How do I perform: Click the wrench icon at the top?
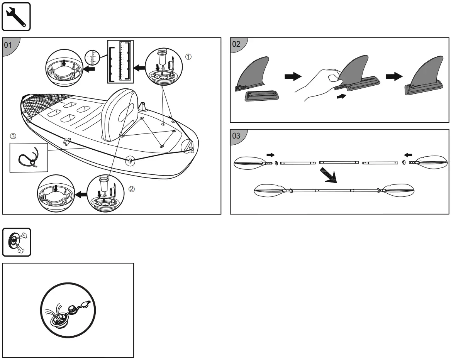coord(16,16)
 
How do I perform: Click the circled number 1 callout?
coord(188,56)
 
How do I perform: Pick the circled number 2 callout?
coord(132,189)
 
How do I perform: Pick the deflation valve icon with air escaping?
coord(16,242)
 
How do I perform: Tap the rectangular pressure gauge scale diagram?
coord(119,61)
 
